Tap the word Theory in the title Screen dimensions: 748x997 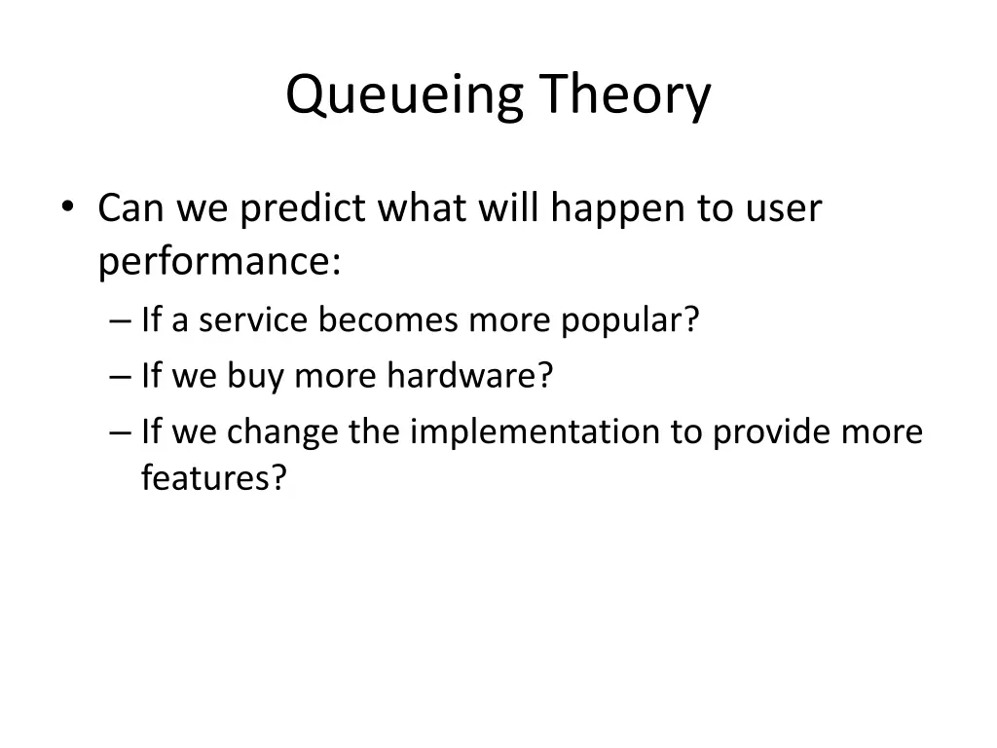coord(626,97)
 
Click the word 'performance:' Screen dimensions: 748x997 coord(219,262)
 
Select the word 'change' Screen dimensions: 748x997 coord(283,430)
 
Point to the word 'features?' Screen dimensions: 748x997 coord(214,478)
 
